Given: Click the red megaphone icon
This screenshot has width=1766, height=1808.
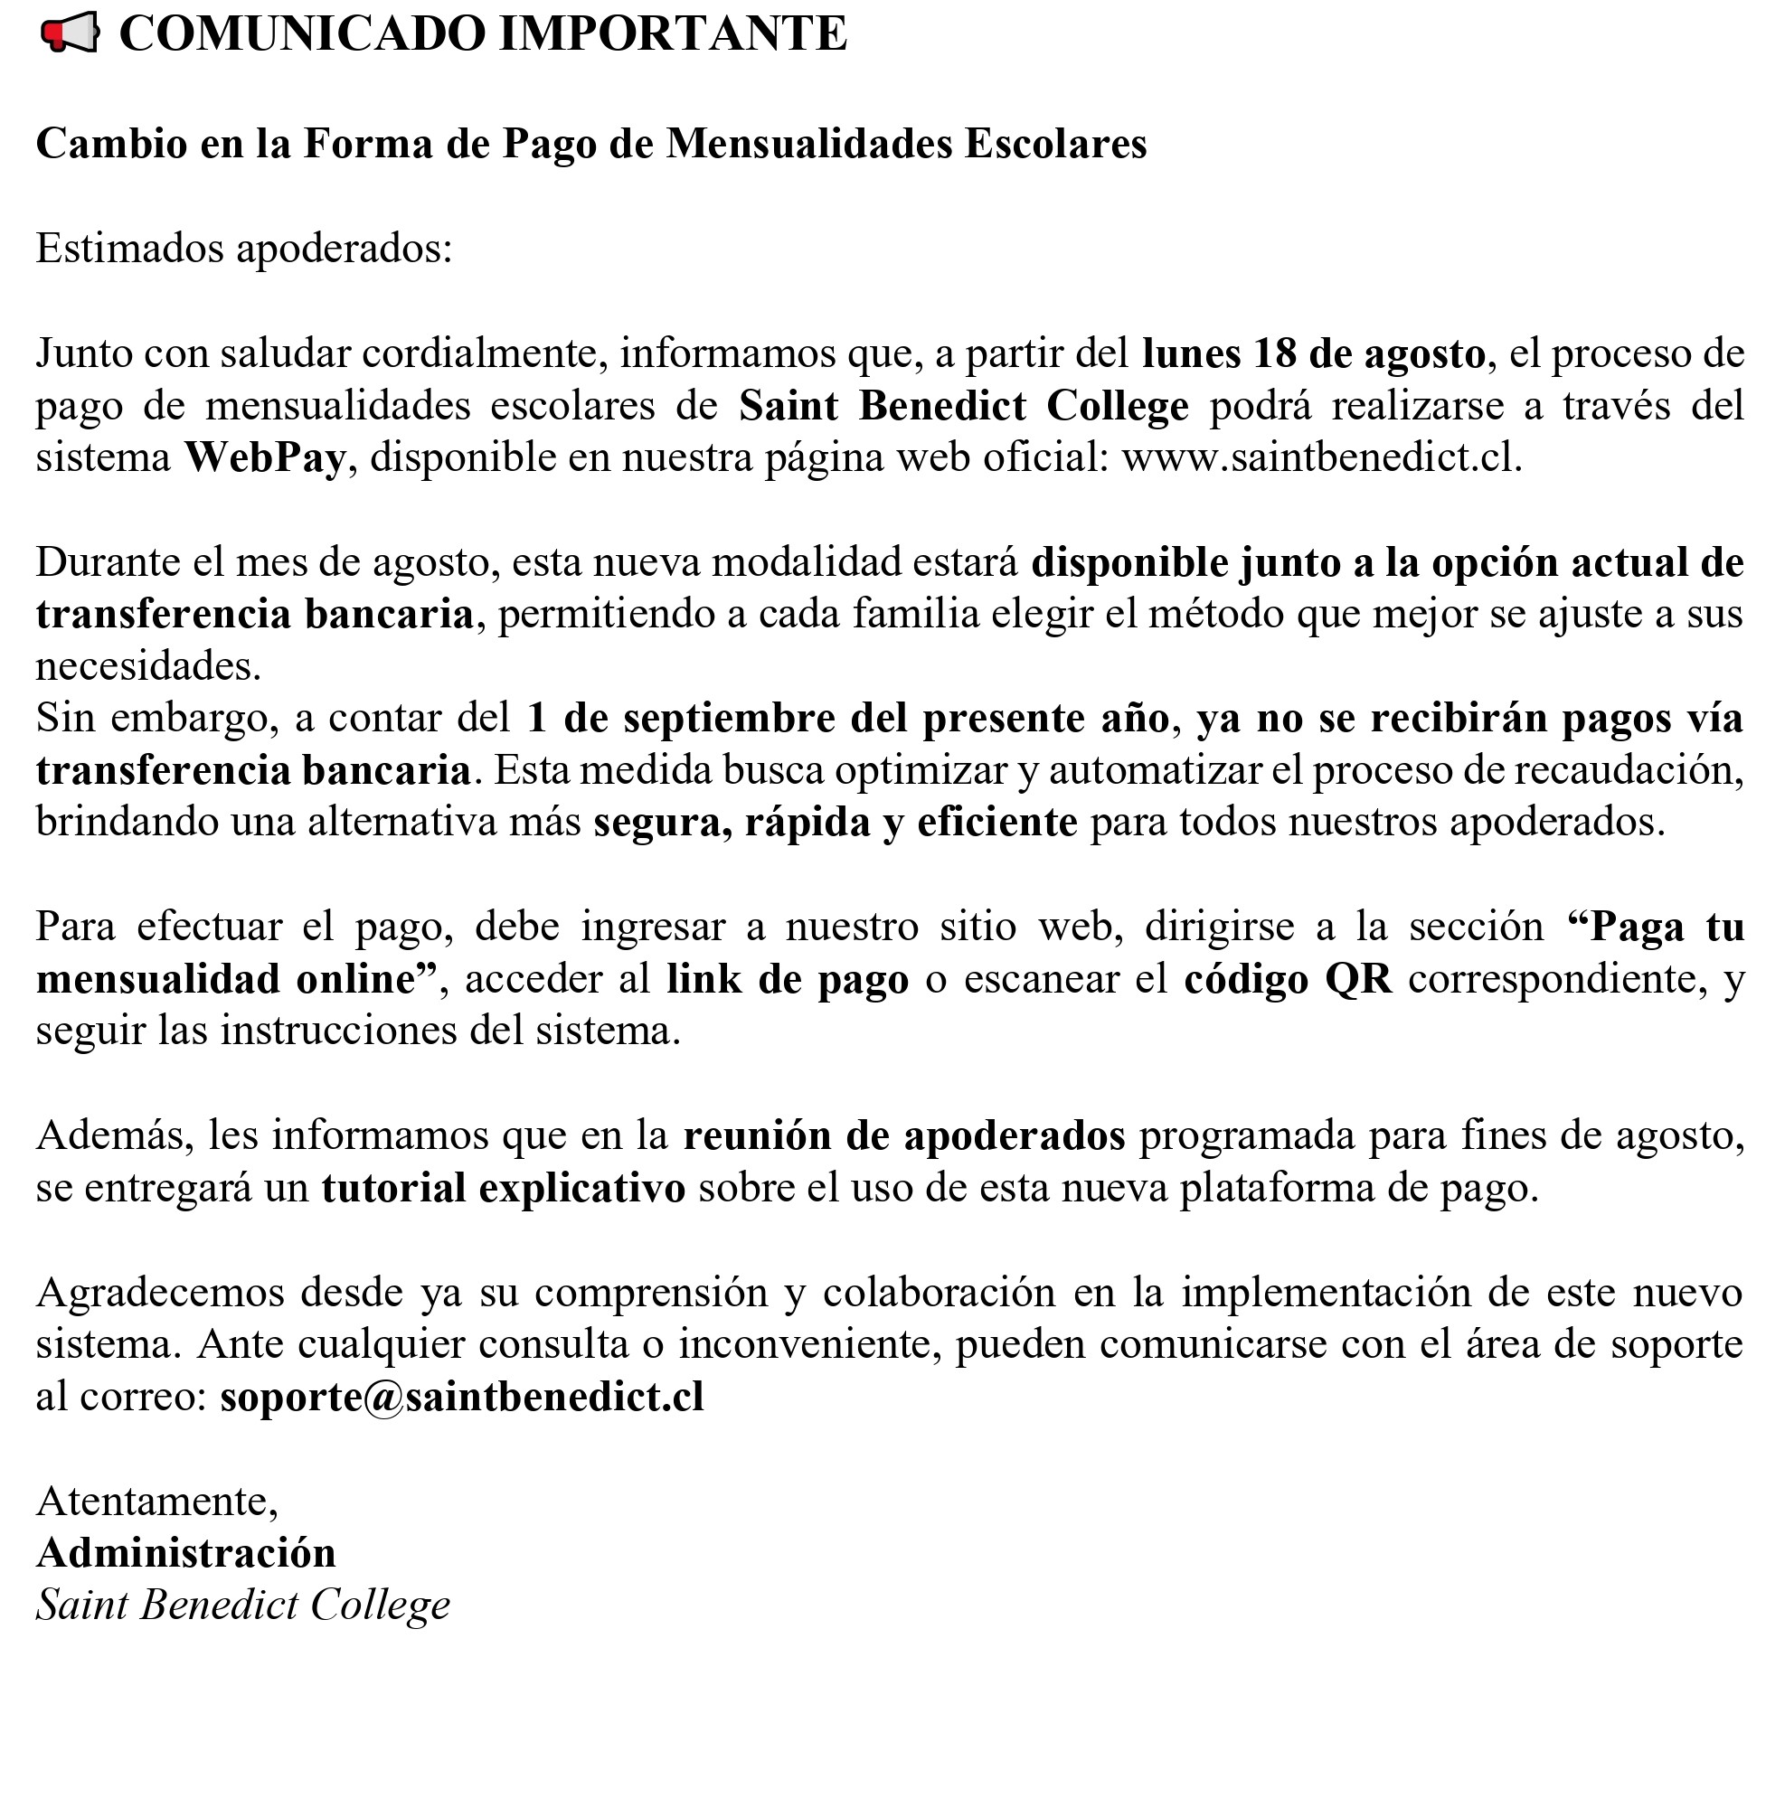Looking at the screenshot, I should point(69,34).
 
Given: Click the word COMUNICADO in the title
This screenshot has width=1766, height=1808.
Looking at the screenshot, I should point(302,34).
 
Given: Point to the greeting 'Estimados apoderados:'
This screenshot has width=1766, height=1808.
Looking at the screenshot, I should point(244,249).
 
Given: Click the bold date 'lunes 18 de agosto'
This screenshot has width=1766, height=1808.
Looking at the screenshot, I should point(1313,353).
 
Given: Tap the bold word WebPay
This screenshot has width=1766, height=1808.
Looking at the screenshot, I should point(265,457).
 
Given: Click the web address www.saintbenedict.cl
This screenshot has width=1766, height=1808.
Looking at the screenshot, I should point(1321,457).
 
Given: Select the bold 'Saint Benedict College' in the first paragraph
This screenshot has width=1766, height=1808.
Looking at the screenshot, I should point(964,405).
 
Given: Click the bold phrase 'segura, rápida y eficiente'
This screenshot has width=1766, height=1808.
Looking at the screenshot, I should point(835,823).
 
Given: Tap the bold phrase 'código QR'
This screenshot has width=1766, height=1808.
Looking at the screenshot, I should point(1288,979).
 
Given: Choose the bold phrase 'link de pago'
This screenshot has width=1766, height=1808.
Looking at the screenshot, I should point(788,979).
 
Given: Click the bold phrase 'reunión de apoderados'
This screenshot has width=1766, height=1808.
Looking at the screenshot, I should point(904,1135).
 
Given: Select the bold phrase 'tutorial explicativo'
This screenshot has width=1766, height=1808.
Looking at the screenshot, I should point(504,1189).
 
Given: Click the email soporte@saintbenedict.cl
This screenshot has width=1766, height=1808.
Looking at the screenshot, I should point(462,1397).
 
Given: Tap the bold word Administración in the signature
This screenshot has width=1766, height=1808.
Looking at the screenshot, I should point(185,1553).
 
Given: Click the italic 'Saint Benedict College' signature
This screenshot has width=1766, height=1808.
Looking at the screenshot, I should point(243,1606).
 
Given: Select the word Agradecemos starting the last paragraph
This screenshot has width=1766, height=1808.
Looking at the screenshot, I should point(159,1293).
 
